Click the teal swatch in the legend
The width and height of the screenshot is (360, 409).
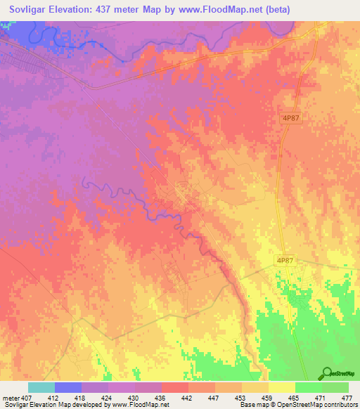point(41,388)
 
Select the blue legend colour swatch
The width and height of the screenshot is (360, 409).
point(68,388)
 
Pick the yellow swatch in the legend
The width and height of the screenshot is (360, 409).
point(282,388)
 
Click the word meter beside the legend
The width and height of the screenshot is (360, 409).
point(12,398)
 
